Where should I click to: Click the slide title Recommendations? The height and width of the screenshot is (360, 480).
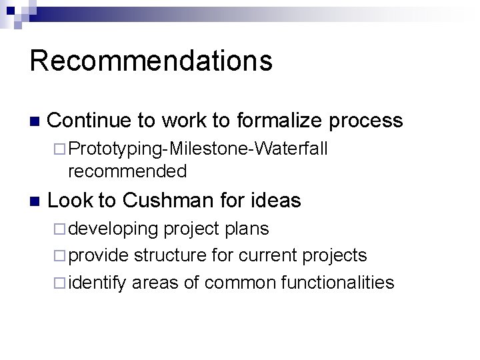(151, 60)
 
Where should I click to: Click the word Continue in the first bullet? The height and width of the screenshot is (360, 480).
(90, 121)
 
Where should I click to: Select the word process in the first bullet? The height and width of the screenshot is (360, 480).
(365, 121)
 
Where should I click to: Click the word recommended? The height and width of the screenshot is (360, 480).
(127, 171)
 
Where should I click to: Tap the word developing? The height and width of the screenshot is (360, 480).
(113, 229)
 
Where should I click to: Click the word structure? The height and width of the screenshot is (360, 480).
(169, 256)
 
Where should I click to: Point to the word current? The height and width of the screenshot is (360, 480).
(266, 256)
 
